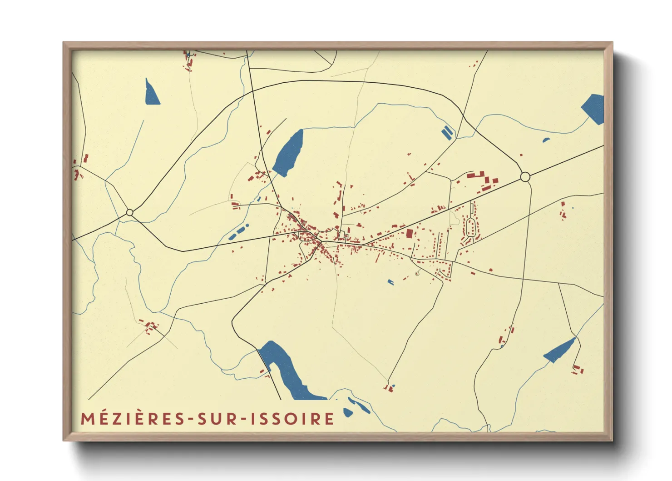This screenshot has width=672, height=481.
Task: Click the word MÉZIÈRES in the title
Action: click(x=132, y=419)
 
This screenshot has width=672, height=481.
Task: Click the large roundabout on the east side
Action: click(x=525, y=177)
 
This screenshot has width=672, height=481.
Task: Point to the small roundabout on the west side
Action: click(x=130, y=212)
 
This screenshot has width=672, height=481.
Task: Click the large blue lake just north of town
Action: click(x=289, y=152)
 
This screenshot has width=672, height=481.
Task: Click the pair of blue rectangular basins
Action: click(x=447, y=132)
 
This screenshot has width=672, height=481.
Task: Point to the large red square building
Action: click(x=410, y=234)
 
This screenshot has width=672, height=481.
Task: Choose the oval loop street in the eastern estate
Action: click(x=470, y=227)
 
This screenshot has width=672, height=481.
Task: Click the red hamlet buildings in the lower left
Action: click(x=151, y=326)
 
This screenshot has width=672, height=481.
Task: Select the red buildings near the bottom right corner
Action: click(x=578, y=369)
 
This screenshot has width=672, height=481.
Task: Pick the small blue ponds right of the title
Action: click(x=357, y=407)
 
